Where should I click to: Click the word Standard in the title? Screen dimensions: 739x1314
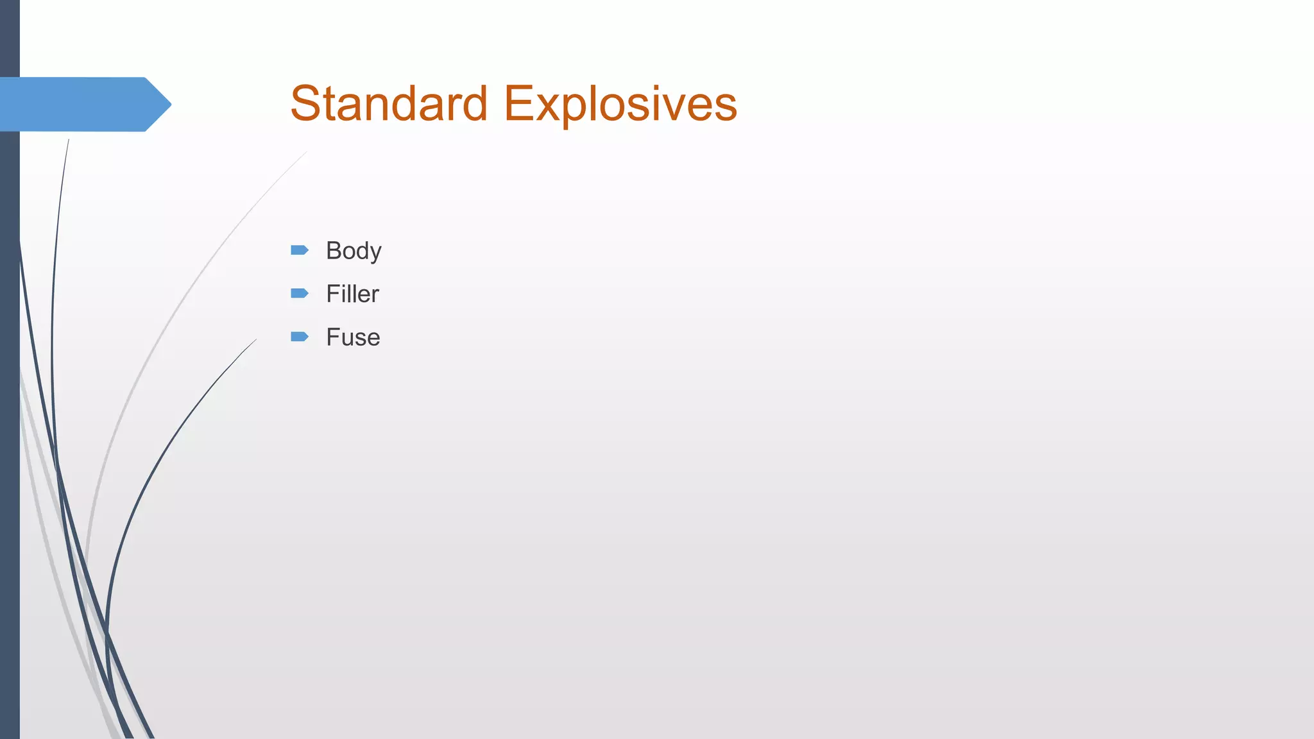coord(389,103)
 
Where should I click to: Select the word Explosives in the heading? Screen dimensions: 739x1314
coord(620,103)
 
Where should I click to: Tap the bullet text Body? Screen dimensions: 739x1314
coord(354,251)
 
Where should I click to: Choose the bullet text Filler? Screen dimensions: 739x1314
coord(352,294)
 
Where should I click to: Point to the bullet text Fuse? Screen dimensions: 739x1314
coord(353,337)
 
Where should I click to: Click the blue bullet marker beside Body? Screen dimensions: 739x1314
coord(300,250)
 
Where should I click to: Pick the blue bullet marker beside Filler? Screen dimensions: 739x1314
coord(300,293)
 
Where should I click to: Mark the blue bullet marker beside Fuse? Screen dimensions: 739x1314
coord(300,337)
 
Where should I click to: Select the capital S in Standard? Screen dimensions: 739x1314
coord(305,103)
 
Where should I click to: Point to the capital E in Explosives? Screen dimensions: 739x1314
coord(518,103)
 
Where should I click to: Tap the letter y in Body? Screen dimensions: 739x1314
coord(375,253)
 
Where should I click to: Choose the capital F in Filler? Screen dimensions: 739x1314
coord(332,294)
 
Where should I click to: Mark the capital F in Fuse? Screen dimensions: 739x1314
coord(332,337)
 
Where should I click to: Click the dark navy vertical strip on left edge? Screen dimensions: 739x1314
coord(10,417)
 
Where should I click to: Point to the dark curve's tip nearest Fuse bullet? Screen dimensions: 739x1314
coord(255,341)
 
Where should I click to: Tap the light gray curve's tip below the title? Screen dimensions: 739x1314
coord(305,153)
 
